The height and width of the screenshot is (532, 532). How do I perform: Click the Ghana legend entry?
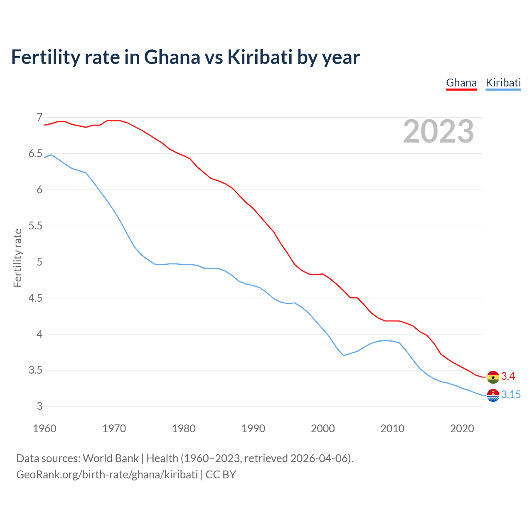point(461,83)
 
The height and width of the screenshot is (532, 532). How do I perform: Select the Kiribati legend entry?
point(503,83)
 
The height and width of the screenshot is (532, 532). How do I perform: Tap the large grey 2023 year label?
point(438,131)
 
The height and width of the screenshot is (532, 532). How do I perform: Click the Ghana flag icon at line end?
point(493,377)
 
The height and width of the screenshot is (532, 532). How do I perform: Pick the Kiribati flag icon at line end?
point(493,395)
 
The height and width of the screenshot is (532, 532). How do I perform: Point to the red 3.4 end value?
point(508,377)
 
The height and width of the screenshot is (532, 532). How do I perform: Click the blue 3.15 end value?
point(511,395)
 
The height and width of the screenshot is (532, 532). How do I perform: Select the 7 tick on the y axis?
point(39,118)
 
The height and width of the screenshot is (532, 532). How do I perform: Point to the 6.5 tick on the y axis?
point(35,154)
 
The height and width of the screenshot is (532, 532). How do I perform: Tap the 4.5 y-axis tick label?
point(35,298)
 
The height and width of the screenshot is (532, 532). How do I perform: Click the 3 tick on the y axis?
point(39,406)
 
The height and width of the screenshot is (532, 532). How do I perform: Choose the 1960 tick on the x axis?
point(44,429)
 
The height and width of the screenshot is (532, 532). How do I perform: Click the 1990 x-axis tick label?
point(253,429)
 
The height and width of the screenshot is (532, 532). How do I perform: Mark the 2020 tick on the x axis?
point(462,429)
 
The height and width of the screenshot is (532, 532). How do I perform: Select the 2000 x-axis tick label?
point(323,429)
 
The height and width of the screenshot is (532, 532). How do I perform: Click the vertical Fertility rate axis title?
point(17,258)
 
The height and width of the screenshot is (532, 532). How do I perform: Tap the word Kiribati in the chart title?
point(260,57)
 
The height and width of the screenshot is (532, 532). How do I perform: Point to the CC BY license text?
point(221,475)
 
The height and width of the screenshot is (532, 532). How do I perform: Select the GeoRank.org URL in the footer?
point(107,475)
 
